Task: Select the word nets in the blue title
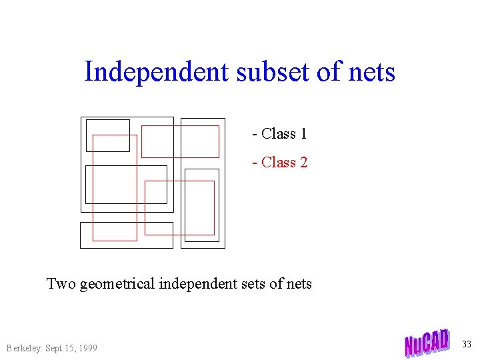tap(371, 71)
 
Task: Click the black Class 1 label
tap(280, 134)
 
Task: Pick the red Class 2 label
tap(280, 162)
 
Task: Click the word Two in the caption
tap(61, 284)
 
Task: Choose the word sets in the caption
tap(255, 284)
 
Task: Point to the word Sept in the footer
tap(57, 348)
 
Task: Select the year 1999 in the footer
tap(87, 348)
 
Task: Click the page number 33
tap(466, 344)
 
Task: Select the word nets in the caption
tap(299, 284)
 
